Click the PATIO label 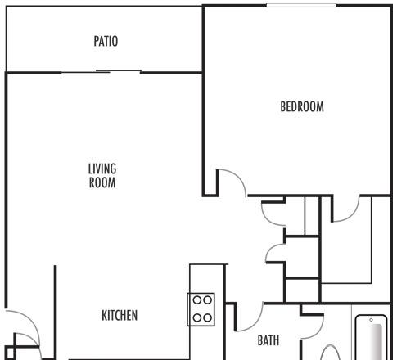point(106,41)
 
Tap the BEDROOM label point(302,106)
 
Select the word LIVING point(102,169)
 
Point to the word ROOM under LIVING point(102,182)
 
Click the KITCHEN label point(120,315)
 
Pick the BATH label point(268,340)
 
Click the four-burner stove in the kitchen point(201,309)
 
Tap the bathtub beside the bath point(372,338)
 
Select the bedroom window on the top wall point(301,5)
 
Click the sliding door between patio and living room point(101,72)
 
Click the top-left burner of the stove point(197,300)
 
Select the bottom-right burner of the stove point(208,317)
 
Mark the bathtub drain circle point(371,320)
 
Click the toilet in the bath point(330,353)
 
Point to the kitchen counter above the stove point(207,278)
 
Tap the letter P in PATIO point(97,41)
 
